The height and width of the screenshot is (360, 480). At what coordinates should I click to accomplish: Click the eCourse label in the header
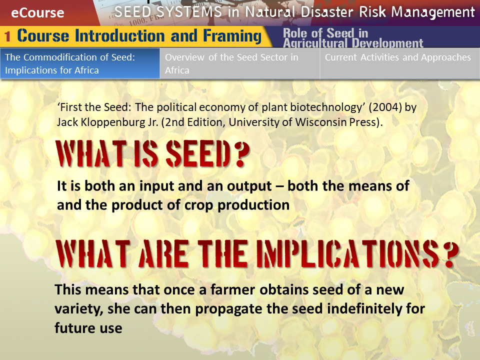click(x=37, y=13)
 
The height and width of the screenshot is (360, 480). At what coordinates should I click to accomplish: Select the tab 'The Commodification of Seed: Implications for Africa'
click(x=80, y=63)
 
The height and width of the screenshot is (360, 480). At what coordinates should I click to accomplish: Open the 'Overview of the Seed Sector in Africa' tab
click(x=239, y=63)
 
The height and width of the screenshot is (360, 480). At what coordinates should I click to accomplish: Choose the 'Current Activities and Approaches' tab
click(x=400, y=63)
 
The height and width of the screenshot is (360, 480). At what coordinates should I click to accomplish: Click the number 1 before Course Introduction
click(x=7, y=36)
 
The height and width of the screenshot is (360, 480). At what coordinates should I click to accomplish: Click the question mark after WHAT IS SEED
click(x=243, y=153)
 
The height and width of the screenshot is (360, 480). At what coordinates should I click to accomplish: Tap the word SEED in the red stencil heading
click(x=198, y=153)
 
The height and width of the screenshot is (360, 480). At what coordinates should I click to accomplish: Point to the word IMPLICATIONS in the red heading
click(x=347, y=253)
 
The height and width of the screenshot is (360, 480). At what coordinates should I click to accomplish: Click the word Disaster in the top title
click(x=327, y=12)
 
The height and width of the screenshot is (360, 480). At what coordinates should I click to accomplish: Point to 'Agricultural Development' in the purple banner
click(x=353, y=43)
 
